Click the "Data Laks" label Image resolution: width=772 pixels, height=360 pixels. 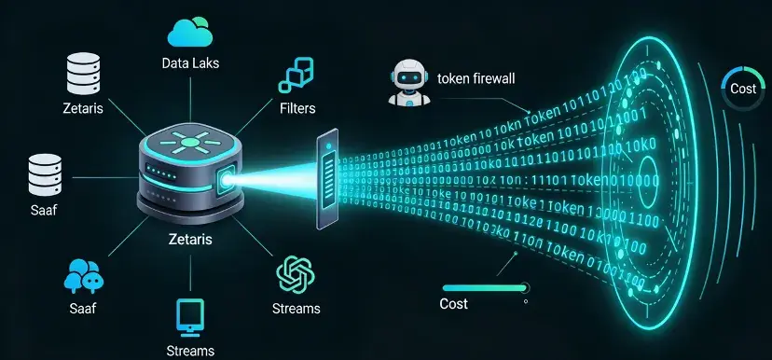[x=190, y=62]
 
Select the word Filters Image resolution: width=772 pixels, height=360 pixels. [x=297, y=108]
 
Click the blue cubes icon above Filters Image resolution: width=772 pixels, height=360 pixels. [x=298, y=76]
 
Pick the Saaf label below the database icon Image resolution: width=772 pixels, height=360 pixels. [x=43, y=210]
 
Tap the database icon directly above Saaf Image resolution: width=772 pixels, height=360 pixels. [x=44, y=173]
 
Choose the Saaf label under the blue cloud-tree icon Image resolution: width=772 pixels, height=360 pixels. [x=83, y=308]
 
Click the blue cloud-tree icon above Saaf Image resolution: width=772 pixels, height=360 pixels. [x=83, y=274]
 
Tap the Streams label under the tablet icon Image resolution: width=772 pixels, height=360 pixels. [x=190, y=351]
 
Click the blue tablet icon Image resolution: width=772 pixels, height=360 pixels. [x=190, y=318]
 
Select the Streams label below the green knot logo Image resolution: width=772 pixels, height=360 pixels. [x=296, y=309]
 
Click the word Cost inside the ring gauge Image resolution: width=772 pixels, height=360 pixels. [x=743, y=88]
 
